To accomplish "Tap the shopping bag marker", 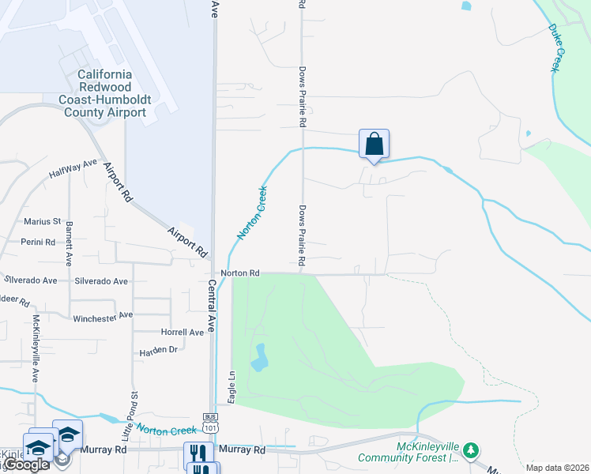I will click(x=375, y=145).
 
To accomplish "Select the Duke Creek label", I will click(x=558, y=48).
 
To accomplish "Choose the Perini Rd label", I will click(x=38, y=242).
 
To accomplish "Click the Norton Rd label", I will click(x=240, y=273).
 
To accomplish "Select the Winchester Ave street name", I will click(x=103, y=316).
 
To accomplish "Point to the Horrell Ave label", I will click(x=183, y=333).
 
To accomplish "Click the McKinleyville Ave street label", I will click(x=36, y=348).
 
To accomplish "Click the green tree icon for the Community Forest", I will click(x=471, y=450).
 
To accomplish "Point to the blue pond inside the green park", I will click(x=258, y=359).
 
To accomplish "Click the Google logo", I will click(x=26, y=465).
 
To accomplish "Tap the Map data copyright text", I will click(x=556, y=468).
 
